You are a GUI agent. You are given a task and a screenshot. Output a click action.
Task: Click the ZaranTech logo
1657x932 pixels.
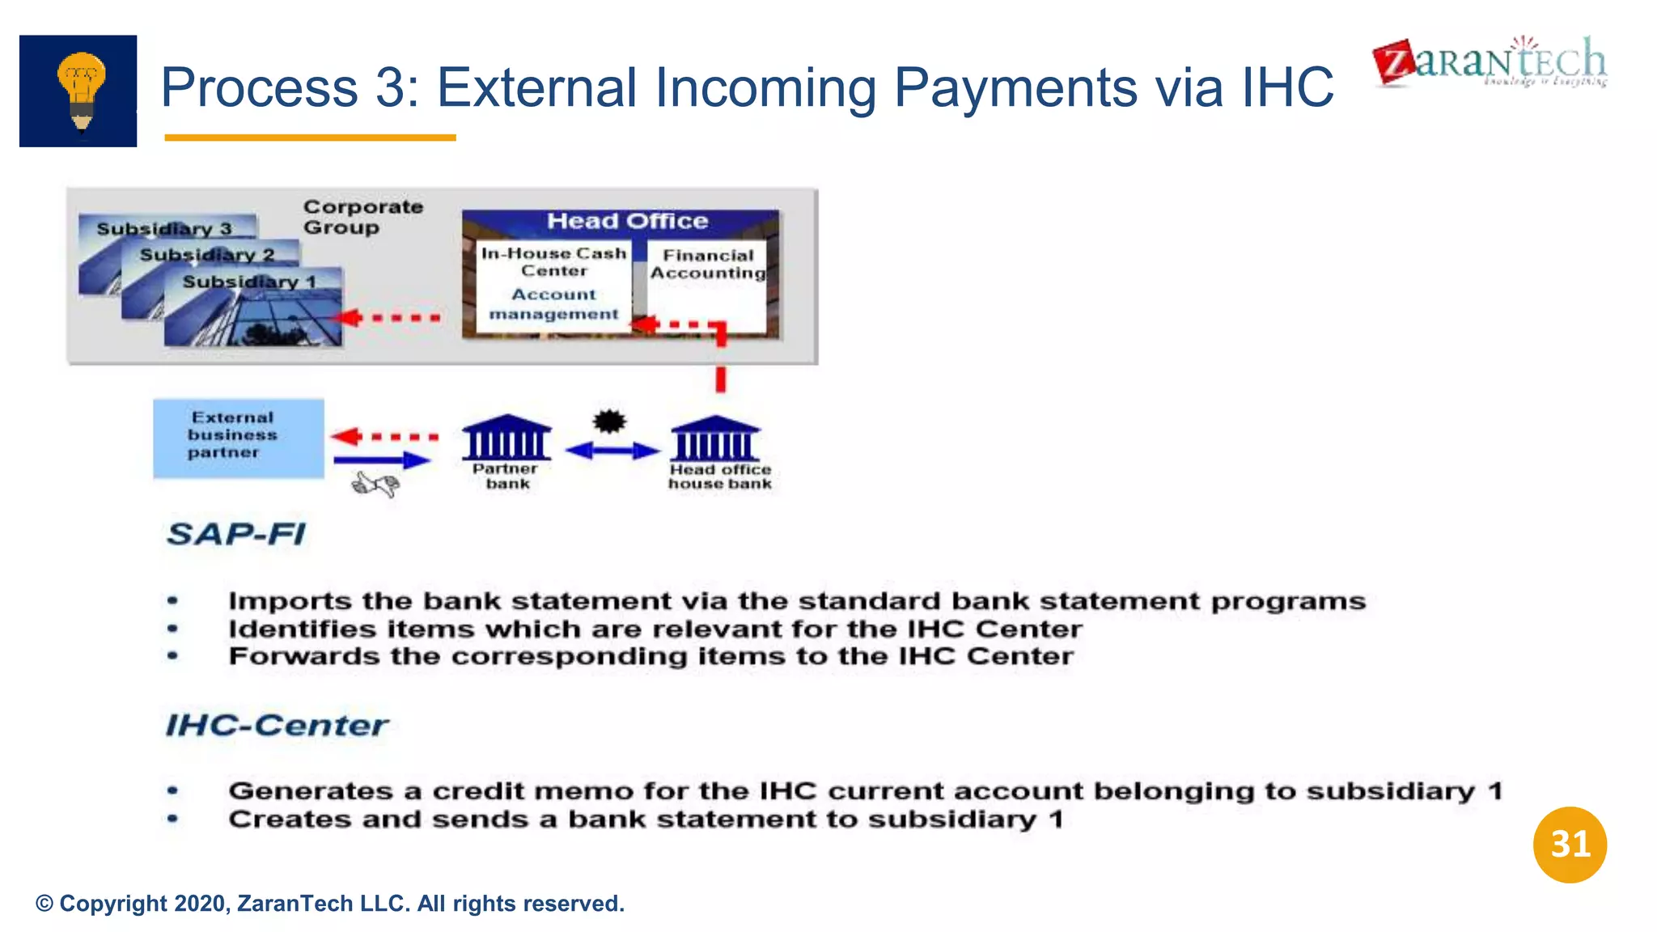pos(1490,62)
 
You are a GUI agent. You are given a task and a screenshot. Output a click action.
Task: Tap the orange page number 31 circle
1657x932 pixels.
pos(1569,844)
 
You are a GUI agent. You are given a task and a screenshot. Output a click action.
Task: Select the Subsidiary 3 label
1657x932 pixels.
pos(164,229)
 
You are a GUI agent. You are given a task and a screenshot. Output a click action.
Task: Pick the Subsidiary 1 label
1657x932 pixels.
pos(249,282)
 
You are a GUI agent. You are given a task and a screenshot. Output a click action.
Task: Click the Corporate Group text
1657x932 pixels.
pos(362,217)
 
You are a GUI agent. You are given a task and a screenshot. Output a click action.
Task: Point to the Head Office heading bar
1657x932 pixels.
pos(626,221)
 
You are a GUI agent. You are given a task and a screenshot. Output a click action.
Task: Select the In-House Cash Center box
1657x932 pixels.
pos(553,285)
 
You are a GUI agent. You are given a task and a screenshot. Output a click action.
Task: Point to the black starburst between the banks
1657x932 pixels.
pos(609,422)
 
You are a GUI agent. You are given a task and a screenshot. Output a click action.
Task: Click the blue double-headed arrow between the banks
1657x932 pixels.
pos(612,451)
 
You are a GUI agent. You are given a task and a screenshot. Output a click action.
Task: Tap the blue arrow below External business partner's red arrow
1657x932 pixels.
pos(381,460)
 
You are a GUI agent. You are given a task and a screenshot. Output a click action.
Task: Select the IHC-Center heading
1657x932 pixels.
pos(276,725)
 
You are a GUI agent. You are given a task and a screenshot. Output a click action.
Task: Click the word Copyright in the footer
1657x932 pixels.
pos(112,904)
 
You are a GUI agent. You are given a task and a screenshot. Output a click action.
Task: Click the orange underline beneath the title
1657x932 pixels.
pos(310,138)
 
